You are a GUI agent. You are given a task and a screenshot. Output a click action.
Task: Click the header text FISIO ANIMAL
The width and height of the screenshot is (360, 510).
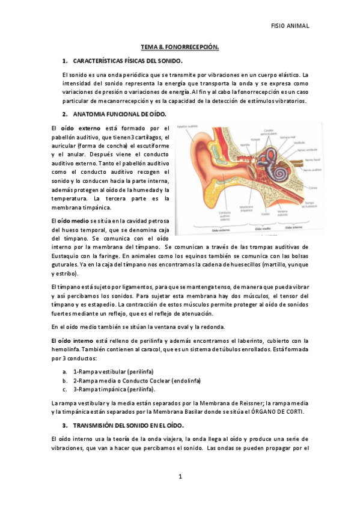coord(290,26)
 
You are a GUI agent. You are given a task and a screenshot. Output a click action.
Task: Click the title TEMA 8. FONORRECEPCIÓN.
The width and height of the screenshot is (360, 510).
coord(180,46)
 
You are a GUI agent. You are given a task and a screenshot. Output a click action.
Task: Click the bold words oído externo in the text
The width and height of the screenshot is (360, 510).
coord(80,127)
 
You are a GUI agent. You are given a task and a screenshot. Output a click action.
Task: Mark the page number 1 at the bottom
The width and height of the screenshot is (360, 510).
coord(180,477)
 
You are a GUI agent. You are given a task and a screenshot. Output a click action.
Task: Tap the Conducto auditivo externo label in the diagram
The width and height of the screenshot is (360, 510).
coord(210,214)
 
